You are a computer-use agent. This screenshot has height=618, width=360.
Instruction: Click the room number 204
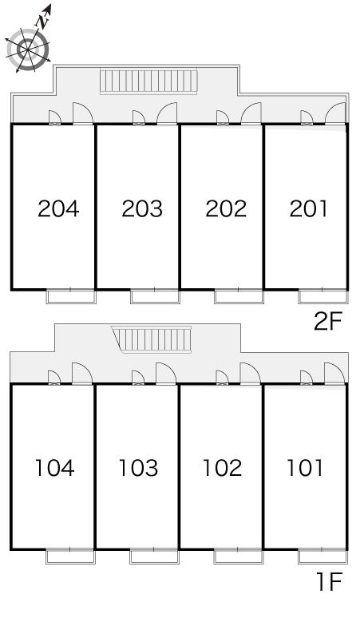click(x=58, y=208)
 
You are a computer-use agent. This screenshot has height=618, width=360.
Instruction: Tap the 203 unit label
click(x=142, y=208)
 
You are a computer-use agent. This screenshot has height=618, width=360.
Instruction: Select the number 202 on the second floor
click(x=226, y=208)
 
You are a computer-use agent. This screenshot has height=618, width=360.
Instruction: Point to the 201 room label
click(x=308, y=208)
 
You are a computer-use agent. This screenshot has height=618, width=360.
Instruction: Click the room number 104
click(x=55, y=468)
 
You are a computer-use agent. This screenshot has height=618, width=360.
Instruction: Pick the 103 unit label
click(x=139, y=468)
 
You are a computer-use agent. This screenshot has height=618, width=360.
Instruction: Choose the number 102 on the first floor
click(x=223, y=468)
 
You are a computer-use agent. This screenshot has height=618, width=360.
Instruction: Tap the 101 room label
click(x=305, y=468)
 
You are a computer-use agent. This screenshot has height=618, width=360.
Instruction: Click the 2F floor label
click(x=328, y=321)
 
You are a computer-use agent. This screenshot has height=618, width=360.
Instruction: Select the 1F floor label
click(x=330, y=581)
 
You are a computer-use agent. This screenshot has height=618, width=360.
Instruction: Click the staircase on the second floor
click(x=148, y=81)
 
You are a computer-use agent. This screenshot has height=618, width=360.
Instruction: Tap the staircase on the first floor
click(x=152, y=339)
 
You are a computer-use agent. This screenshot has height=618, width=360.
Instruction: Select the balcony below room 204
click(x=71, y=296)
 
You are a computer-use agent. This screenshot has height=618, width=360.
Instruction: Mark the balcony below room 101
click(x=323, y=557)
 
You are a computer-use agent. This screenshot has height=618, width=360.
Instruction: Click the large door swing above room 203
click(x=168, y=113)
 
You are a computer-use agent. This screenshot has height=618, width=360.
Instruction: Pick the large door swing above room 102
click(x=250, y=373)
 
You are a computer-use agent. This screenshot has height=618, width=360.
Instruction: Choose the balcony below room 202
click(x=239, y=296)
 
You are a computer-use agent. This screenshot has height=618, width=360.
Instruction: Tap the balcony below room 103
click(x=155, y=557)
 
